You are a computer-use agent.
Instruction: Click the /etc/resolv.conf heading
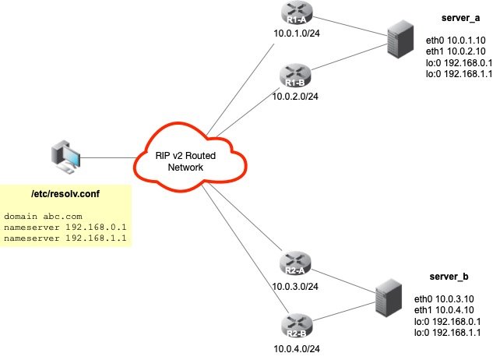(65, 192)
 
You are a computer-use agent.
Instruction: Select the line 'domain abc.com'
(43, 215)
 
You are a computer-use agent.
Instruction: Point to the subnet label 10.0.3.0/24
(297, 285)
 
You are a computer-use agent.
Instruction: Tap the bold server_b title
(449, 277)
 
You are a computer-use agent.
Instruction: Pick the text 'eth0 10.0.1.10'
(456, 38)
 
